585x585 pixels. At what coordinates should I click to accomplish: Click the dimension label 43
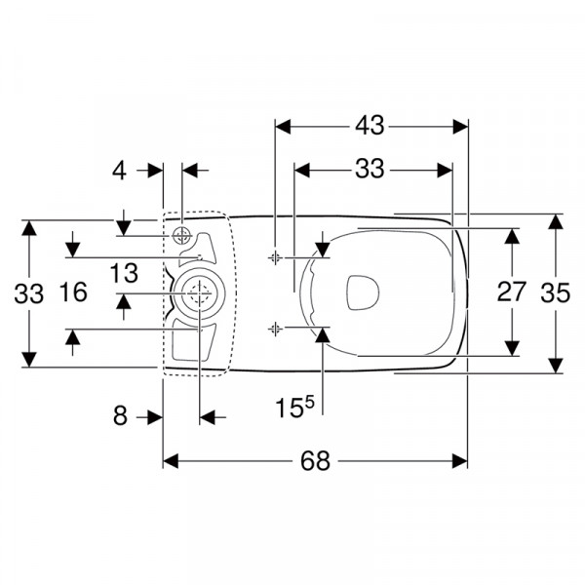coord(370,126)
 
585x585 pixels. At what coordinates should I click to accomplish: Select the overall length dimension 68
coord(315,461)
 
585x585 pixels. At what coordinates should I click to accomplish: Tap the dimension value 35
coord(556,292)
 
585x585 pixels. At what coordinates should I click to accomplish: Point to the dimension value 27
coord(512,292)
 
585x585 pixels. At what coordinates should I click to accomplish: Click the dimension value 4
coord(119,172)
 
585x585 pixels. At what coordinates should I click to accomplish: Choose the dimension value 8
coord(120,415)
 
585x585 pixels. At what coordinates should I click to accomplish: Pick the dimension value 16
coord(73,292)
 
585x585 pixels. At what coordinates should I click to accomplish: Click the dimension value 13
coord(124,273)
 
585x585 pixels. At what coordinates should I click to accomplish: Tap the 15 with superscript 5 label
coord(294,407)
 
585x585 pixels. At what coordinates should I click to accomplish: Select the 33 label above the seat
coord(370,169)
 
